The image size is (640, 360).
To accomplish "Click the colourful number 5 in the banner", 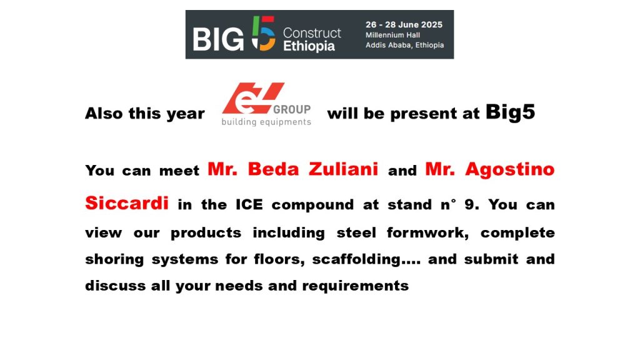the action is pos(263,34).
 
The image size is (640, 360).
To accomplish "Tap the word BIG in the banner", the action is pos(218,40).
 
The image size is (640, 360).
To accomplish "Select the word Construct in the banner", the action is pos(312,33).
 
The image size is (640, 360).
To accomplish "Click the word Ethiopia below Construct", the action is pos(309,46).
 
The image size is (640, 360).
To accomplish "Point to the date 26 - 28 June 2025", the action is pos(404,24).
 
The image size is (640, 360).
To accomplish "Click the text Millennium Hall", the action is pos(392,35).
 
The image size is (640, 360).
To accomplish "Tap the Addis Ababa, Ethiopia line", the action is pos(404,45).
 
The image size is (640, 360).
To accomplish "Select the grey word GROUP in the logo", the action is pos(292,109).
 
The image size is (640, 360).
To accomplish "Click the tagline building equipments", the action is pos(266,122).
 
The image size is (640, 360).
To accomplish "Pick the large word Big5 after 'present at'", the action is pos(510,112).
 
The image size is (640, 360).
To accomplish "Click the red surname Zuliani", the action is pos(343,169).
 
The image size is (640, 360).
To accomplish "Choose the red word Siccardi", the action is pos(127,203).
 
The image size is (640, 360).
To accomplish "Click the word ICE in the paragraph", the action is pos(249,204).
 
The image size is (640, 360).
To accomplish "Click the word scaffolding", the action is pos(356,259).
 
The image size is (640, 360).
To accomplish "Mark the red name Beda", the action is pos(274,169).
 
